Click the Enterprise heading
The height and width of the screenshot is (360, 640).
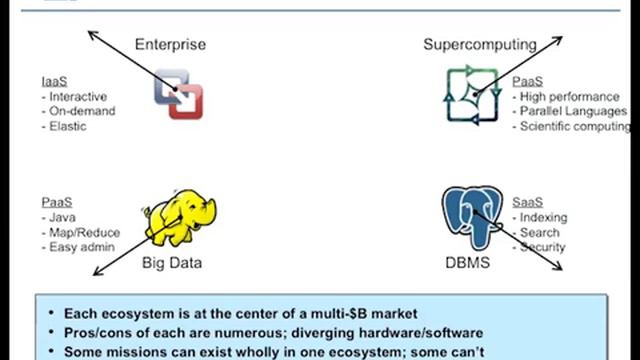[170, 44]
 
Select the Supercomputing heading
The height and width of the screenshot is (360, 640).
[479, 44]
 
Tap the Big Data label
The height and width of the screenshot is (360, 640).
[171, 263]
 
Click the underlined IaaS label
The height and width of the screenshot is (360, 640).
[55, 80]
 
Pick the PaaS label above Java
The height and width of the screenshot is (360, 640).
[57, 201]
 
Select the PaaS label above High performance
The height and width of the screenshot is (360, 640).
[527, 80]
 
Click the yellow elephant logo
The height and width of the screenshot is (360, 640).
[179, 218]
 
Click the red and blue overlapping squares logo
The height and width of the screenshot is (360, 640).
[178, 96]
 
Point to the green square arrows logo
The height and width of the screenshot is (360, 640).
[472, 96]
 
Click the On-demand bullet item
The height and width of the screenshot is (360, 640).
[76, 112]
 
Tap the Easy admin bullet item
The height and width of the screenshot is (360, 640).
[78, 247]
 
